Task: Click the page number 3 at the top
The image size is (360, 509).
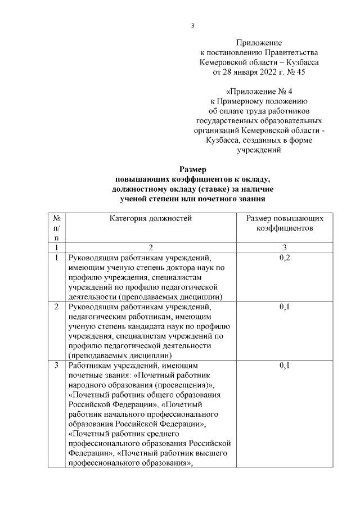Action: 193,25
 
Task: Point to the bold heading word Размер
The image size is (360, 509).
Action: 193,169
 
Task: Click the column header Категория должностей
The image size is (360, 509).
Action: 151,219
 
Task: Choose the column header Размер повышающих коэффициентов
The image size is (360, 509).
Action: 281,224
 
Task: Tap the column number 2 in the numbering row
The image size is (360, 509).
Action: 151,247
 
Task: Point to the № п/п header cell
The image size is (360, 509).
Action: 56,228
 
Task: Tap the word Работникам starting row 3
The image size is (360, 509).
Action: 91,366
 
